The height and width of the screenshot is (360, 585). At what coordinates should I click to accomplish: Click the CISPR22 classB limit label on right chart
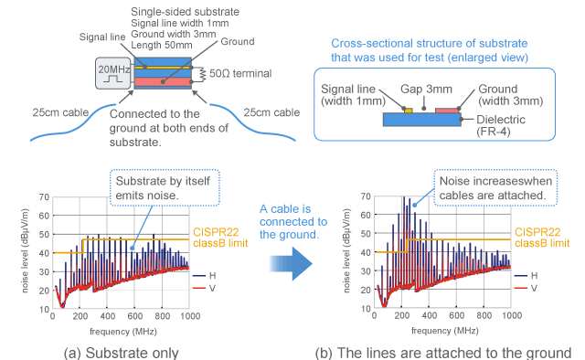click(x=542, y=237)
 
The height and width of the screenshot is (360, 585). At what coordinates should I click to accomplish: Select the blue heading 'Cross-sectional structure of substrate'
click(x=435, y=43)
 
